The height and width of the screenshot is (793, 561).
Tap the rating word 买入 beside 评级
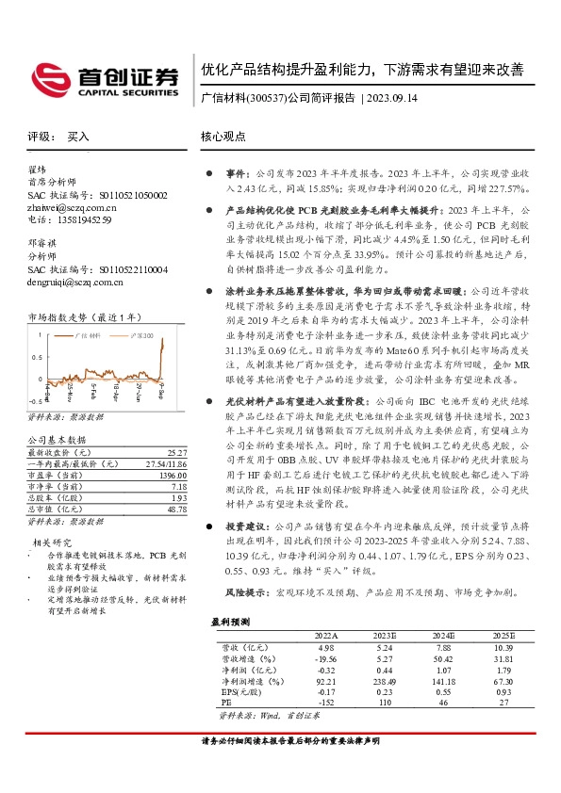pos(78,137)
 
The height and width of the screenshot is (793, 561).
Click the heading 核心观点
pos(223,137)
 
